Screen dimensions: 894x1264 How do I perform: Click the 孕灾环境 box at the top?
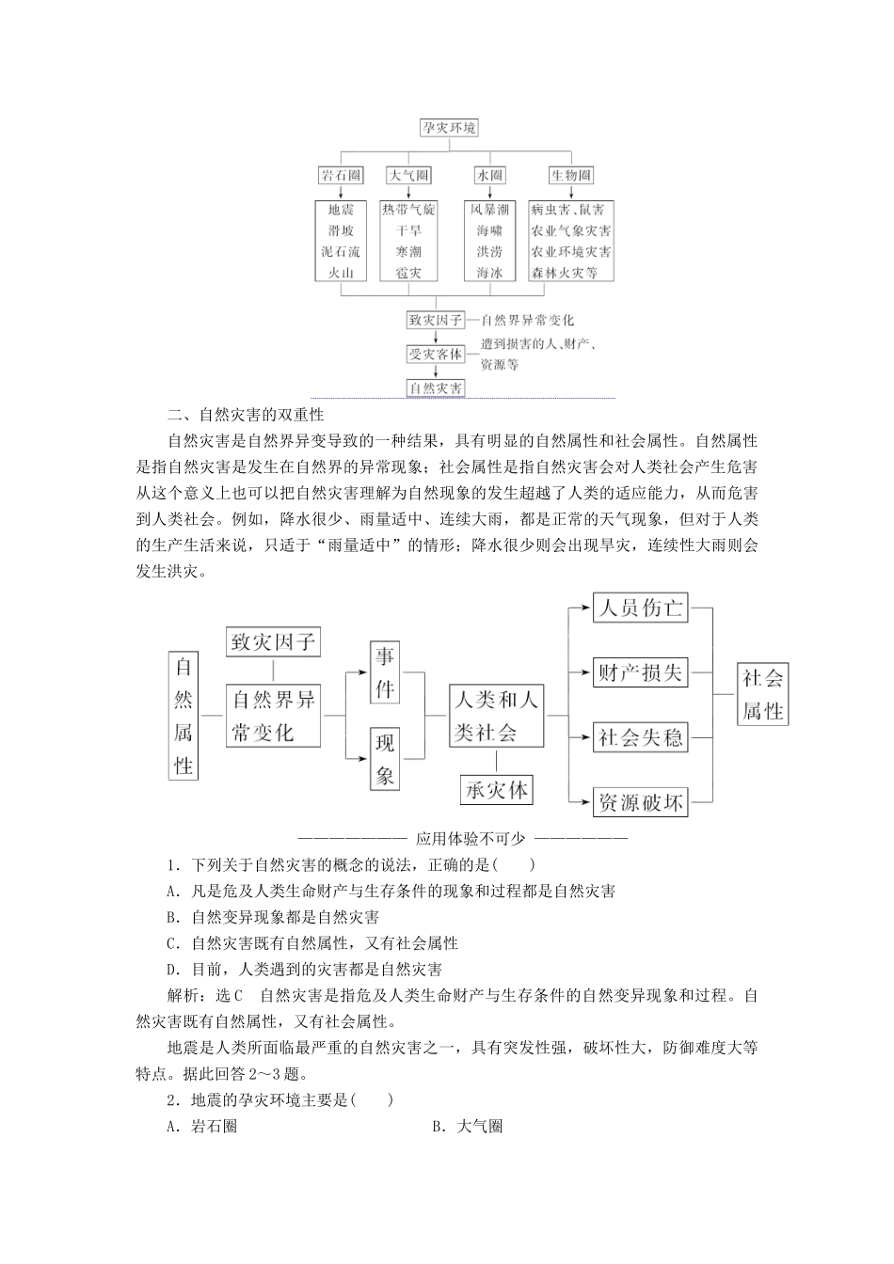pos(448,128)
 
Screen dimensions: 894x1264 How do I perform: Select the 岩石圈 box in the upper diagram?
pos(340,176)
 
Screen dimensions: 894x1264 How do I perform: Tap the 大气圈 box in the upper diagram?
pos(408,176)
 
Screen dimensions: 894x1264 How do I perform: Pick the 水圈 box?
pos(489,176)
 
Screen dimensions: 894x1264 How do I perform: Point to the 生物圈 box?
pos(571,176)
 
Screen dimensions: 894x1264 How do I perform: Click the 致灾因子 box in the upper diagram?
pos(435,320)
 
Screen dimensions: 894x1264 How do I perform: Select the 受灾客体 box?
pos(435,354)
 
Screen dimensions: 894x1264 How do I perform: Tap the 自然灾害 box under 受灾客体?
pos(435,387)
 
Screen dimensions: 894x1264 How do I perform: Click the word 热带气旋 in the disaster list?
pos(408,210)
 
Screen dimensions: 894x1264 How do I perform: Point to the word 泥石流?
pos(340,252)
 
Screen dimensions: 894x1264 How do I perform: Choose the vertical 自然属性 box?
pos(184,715)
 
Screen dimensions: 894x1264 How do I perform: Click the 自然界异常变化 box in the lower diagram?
pos(273,716)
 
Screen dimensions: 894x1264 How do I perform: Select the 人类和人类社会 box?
pos(496,716)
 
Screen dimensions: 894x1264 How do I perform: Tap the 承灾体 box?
pos(496,789)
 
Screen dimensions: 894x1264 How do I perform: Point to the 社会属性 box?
pos(762,694)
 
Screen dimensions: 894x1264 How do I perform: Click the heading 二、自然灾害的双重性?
pos(246,414)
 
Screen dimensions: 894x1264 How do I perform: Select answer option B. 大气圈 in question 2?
pos(467,1126)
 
